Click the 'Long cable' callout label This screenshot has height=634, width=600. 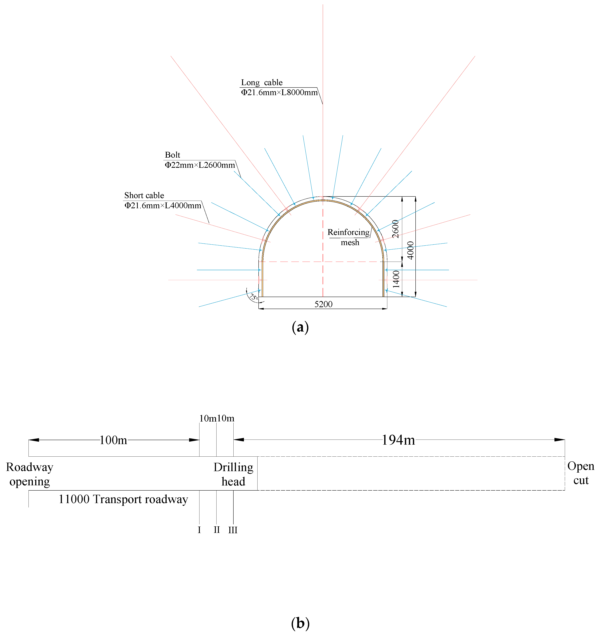click(x=262, y=83)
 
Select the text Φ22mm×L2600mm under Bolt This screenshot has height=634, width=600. click(x=200, y=165)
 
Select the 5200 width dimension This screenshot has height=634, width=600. click(x=323, y=304)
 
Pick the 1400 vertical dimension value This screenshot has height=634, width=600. click(x=396, y=279)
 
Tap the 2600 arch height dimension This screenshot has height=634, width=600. click(x=396, y=229)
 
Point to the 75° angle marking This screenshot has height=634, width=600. click(x=254, y=297)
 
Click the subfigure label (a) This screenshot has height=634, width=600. click(x=300, y=328)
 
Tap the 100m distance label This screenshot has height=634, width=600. click(x=113, y=440)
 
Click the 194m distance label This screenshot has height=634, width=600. click(x=398, y=440)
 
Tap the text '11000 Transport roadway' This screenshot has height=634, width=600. click(x=123, y=499)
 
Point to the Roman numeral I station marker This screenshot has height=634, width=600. click(x=199, y=530)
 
